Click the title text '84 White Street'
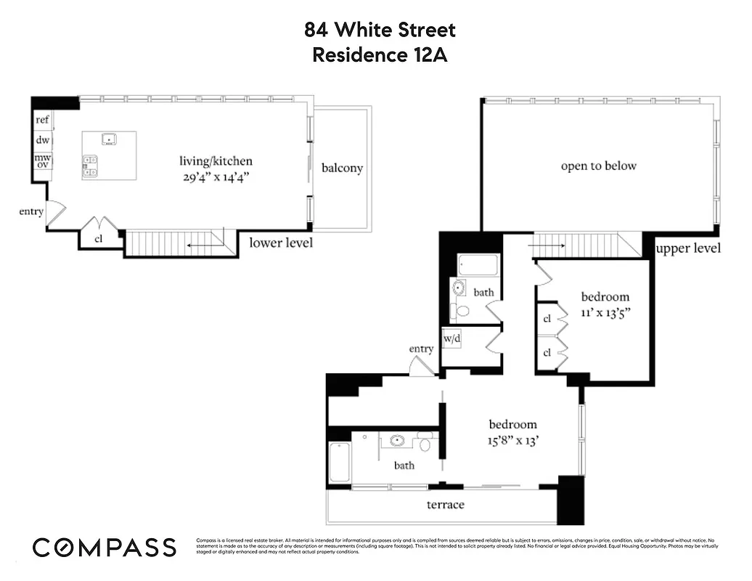[380, 30]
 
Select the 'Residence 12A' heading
[380, 54]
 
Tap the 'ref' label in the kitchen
[42, 121]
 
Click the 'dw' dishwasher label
[42, 139]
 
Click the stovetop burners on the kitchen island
[91, 166]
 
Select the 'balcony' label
[342, 168]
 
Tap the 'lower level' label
[281, 243]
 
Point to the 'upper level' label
[688, 248]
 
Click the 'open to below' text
[598, 166]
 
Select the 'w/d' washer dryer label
[451, 338]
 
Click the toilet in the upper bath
[459, 311]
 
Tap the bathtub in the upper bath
[478, 265]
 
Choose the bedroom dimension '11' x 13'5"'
[605, 313]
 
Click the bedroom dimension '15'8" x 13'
[512, 440]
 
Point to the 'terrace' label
[445, 504]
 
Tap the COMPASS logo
[105, 547]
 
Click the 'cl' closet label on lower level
[99, 239]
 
